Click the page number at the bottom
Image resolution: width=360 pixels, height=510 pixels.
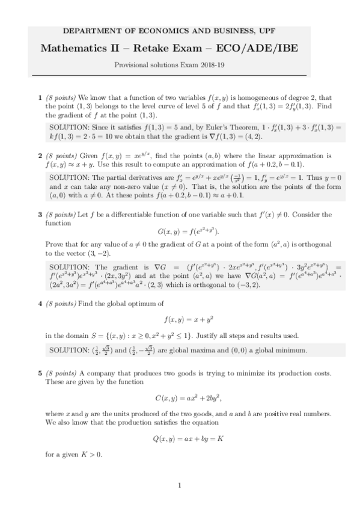click(180, 485)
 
